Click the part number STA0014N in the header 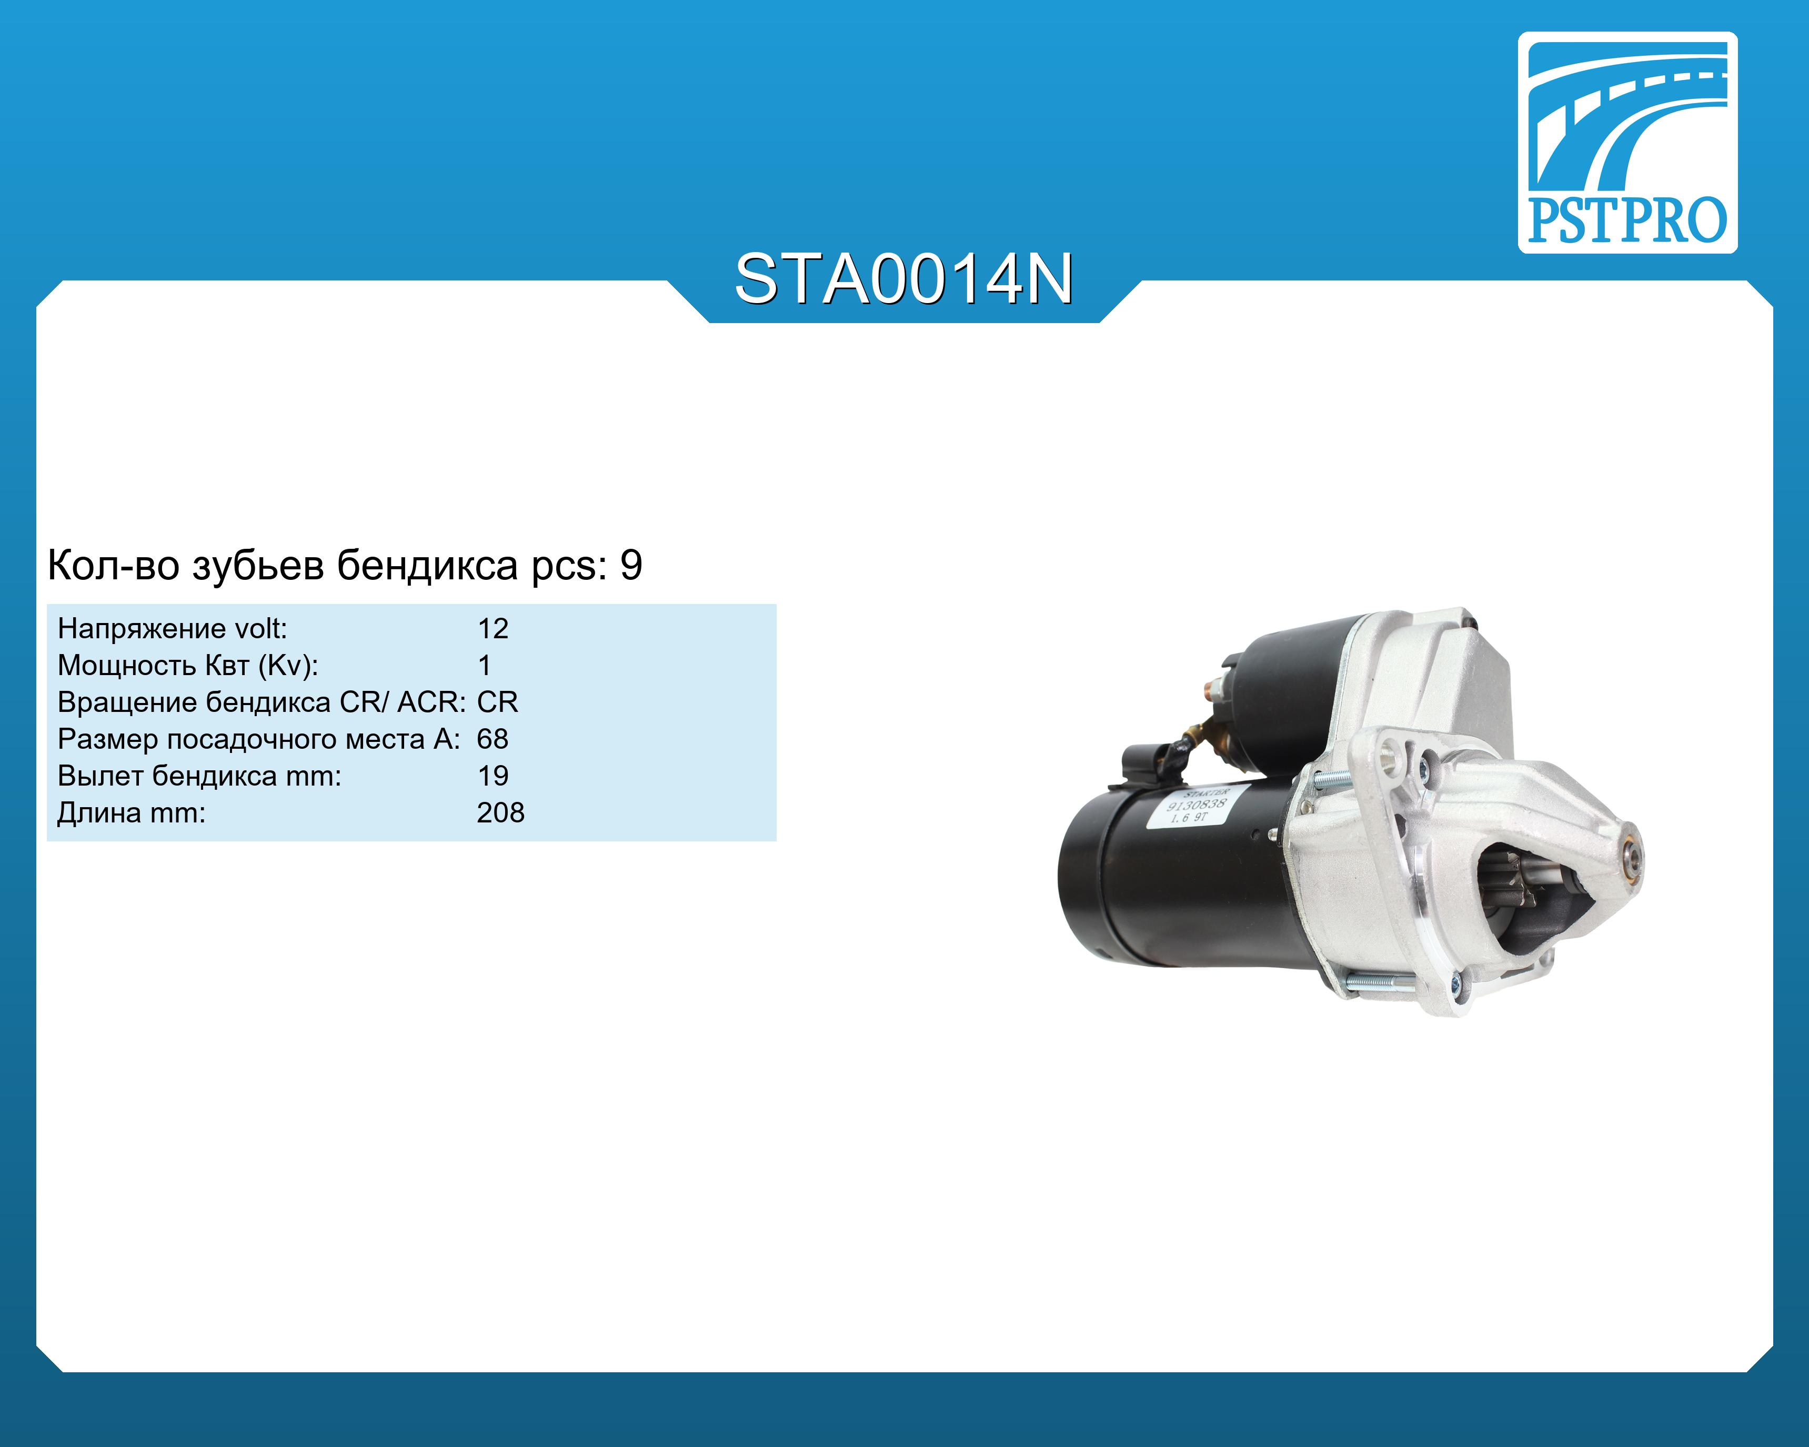(903, 279)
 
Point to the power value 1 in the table (484, 665)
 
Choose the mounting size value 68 (493, 739)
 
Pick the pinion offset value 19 (494, 776)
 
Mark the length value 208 (501, 813)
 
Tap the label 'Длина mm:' (132, 813)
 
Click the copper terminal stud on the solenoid (1210, 690)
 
